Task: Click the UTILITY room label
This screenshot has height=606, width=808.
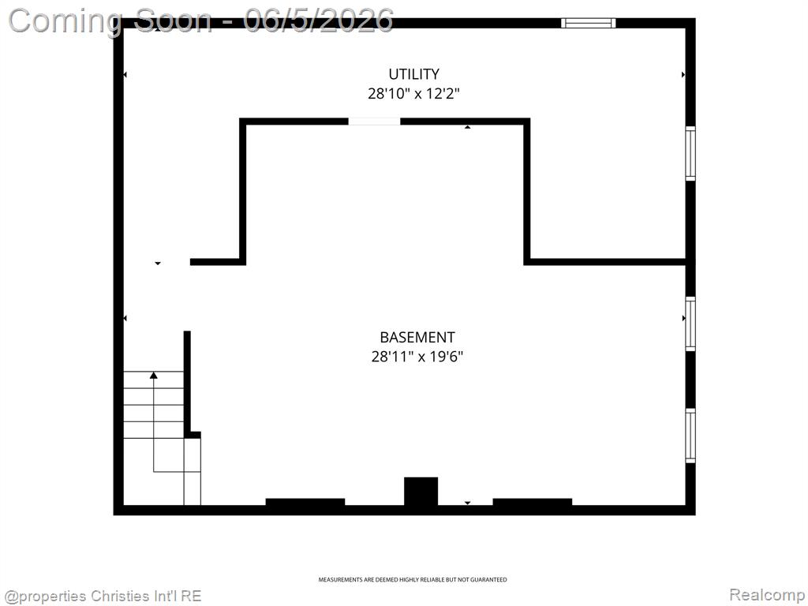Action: [413, 74]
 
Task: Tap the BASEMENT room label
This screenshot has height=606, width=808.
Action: [417, 338]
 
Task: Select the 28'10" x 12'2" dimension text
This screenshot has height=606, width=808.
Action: [413, 94]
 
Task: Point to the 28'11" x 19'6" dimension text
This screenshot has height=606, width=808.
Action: [417, 357]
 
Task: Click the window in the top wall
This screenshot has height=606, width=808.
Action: [588, 23]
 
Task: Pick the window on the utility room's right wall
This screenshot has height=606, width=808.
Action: [690, 154]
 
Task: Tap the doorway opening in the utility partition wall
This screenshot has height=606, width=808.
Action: [374, 122]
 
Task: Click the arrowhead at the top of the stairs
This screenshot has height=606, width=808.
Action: [154, 375]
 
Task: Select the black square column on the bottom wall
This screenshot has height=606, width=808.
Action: [421, 492]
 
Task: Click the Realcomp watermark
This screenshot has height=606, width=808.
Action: [767, 595]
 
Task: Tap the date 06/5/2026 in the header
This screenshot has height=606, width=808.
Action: [319, 21]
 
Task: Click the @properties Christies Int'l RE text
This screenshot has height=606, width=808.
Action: [102, 597]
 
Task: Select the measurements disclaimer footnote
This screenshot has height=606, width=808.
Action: [412, 580]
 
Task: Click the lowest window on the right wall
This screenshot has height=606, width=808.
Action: [690, 436]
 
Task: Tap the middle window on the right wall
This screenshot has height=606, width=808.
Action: [690, 324]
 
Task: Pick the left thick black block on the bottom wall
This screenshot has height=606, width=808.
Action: [305, 503]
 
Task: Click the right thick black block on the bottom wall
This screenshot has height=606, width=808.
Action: [533, 503]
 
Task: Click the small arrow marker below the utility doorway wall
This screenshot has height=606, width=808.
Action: [467, 127]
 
